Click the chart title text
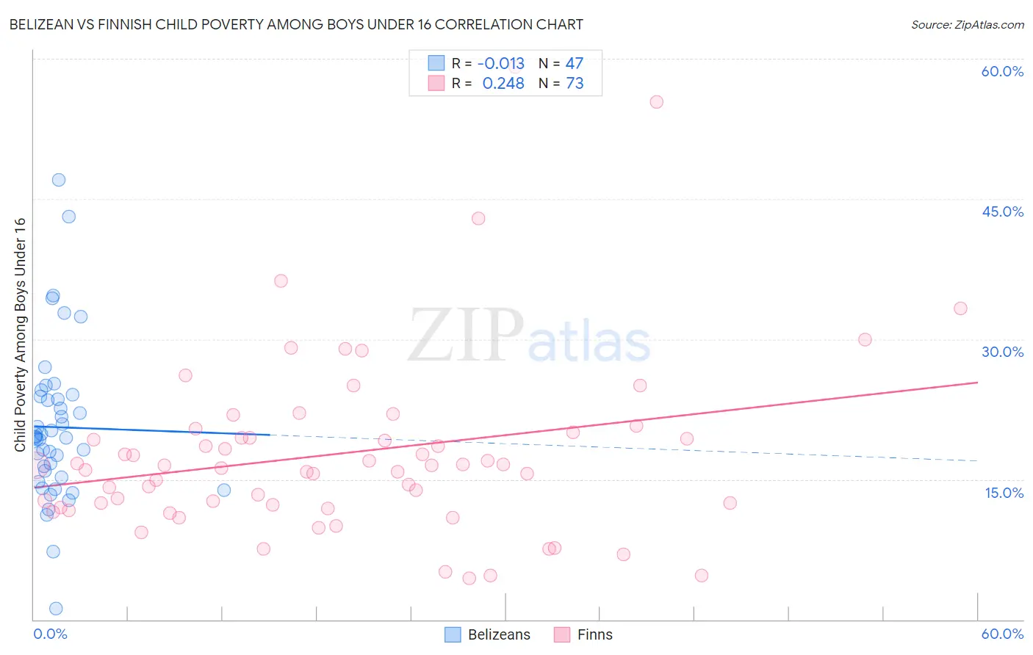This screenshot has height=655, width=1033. pyautogui.click(x=296, y=24)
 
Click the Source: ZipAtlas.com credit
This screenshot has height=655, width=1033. pyautogui.click(x=967, y=24)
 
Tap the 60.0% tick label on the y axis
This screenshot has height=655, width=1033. pyautogui.click(x=1002, y=71)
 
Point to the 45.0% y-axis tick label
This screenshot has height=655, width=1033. pyautogui.click(x=1002, y=211)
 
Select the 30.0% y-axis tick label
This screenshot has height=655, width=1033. pyautogui.click(x=1002, y=352)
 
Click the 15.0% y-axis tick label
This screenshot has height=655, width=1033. pyautogui.click(x=1004, y=493)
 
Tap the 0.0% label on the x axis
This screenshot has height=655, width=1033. pyautogui.click(x=50, y=634)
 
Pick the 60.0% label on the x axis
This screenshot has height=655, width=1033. pyautogui.click(x=1002, y=634)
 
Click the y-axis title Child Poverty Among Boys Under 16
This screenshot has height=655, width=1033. pyautogui.click(x=20, y=335)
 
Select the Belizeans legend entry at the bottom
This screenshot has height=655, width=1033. pyautogui.click(x=488, y=634)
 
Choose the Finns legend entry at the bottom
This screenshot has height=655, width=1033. pyautogui.click(x=583, y=634)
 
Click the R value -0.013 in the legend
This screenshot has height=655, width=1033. pyautogui.click(x=500, y=63)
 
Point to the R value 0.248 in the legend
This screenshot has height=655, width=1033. pyautogui.click(x=503, y=83)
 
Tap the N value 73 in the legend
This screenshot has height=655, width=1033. pyautogui.click(x=575, y=83)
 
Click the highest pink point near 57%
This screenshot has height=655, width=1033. pyautogui.click(x=657, y=102)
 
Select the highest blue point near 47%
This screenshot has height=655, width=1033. pyautogui.click(x=59, y=180)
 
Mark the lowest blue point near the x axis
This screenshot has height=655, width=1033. pyautogui.click(x=56, y=608)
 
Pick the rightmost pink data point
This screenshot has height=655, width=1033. pyautogui.click(x=960, y=308)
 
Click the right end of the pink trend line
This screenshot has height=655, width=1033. pyautogui.click(x=977, y=383)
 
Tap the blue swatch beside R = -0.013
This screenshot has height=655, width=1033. pyautogui.click(x=436, y=63)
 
